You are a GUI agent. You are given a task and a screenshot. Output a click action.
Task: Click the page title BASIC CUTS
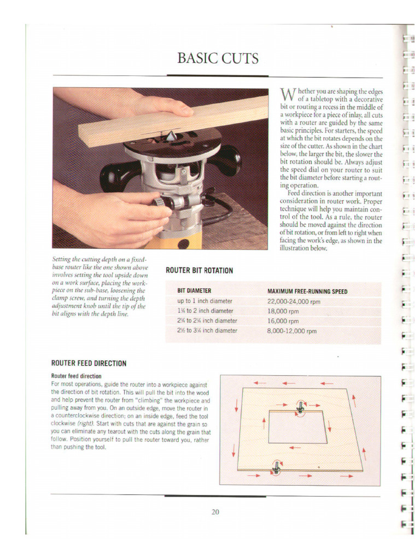[x=218, y=58]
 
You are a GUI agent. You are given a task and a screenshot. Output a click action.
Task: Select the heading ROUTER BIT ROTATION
[x=199, y=271]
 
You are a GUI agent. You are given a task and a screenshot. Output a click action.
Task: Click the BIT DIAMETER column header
[x=194, y=291]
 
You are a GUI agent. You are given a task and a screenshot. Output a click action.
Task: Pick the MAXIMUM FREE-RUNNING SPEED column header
[x=307, y=291]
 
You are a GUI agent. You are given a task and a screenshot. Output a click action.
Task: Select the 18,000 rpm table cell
[x=283, y=311]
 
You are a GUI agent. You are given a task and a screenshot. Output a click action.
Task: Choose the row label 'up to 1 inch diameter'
[x=205, y=301]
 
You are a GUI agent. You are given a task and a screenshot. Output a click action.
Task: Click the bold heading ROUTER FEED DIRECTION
[x=89, y=363]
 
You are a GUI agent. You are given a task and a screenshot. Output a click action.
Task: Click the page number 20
[x=215, y=512]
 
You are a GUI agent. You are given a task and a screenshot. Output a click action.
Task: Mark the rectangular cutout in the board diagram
[x=297, y=428]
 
